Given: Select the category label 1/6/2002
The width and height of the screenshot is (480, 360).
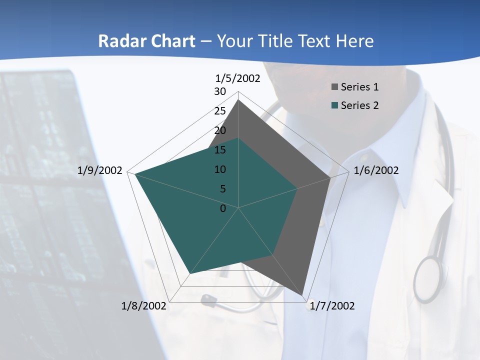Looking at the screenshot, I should (376, 170).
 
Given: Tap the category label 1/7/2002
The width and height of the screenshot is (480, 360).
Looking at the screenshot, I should (332, 306).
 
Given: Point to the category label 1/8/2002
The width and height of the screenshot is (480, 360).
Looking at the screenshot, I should (144, 306).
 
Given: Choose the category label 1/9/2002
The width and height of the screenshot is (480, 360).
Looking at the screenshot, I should (100, 170).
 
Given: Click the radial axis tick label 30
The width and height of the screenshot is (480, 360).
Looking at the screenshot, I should (220, 91).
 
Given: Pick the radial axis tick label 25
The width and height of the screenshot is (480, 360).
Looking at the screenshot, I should (220, 111).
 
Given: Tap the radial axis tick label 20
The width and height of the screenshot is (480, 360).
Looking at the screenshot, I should (220, 130).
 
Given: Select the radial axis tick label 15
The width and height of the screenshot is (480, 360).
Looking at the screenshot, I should (220, 150).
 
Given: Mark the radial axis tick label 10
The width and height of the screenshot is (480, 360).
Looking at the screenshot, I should (220, 169).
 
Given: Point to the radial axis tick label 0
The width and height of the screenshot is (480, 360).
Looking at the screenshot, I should (223, 208).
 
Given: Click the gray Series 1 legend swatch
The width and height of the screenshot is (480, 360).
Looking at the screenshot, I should (334, 87).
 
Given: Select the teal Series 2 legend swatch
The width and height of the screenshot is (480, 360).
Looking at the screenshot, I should (334, 105).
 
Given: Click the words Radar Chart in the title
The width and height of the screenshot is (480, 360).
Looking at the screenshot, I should (146, 41).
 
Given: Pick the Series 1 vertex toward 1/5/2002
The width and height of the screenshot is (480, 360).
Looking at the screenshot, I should (238, 100).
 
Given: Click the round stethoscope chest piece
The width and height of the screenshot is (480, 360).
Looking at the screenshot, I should (428, 279).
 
